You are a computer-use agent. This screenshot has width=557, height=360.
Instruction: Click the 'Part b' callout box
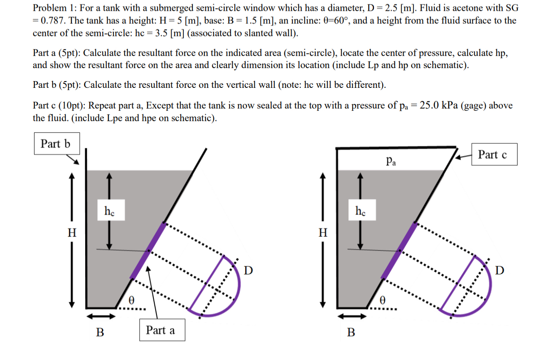click(x=57, y=144)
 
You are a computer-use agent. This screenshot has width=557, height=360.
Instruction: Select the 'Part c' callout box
click(x=494, y=155)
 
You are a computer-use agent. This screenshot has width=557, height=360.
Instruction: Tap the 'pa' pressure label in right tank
click(x=391, y=160)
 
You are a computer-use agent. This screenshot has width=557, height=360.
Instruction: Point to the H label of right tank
click(x=322, y=233)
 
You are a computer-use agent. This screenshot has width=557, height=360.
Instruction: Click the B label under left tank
click(x=100, y=332)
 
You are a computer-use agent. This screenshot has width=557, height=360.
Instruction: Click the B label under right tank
click(x=351, y=332)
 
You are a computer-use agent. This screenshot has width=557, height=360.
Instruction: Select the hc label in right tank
click(x=361, y=211)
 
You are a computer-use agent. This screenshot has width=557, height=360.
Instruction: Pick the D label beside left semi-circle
click(x=248, y=270)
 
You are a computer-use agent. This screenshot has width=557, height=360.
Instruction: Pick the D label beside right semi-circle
click(x=500, y=270)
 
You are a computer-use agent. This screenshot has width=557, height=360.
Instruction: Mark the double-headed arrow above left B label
click(x=100, y=317)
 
